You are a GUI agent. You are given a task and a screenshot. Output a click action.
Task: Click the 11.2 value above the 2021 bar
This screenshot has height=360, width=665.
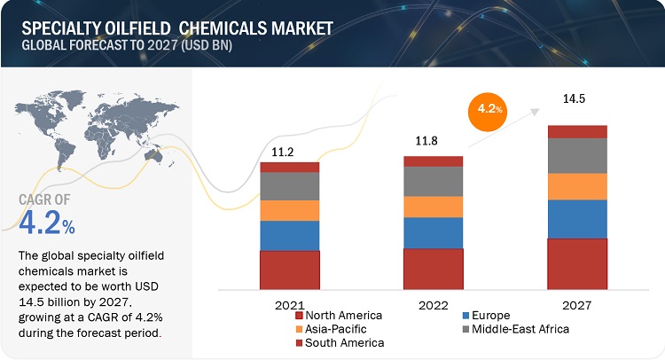click(x=289, y=152)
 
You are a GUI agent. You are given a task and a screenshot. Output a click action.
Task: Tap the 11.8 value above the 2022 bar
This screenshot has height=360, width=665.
click(x=433, y=143)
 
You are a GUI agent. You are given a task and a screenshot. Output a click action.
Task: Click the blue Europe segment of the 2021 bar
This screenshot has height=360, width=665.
click(x=289, y=235)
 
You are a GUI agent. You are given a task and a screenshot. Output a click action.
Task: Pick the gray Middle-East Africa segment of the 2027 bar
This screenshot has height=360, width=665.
click(x=577, y=155)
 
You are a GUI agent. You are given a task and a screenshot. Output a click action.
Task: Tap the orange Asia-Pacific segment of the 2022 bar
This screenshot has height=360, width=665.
click(x=433, y=207)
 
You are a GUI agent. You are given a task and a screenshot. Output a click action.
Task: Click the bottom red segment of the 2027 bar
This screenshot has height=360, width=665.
click(x=577, y=263)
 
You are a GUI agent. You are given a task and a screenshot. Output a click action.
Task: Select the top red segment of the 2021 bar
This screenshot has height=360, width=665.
click(x=289, y=167)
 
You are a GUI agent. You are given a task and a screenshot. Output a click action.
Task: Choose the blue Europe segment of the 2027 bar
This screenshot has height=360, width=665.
click(x=577, y=219)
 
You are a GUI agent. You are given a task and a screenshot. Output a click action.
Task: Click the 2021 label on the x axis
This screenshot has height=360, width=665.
click(x=289, y=304)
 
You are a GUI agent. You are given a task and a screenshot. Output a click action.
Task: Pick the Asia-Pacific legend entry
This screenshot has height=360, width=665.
click(x=334, y=329)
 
